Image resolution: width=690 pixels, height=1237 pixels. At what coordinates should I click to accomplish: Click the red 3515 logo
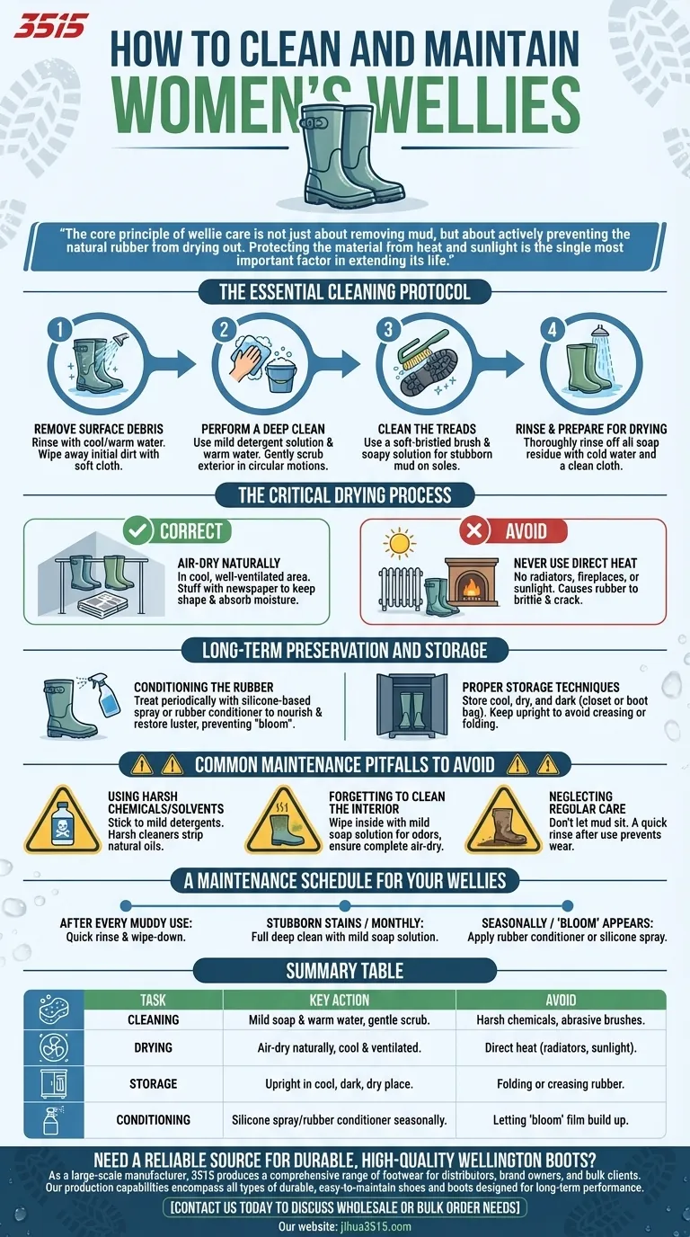tap(51, 25)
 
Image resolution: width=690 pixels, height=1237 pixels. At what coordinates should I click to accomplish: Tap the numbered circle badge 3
tap(388, 330)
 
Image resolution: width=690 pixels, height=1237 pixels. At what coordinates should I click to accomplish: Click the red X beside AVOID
tap(473, 530)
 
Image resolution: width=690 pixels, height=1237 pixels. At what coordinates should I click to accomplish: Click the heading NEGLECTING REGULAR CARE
tap(580, 803)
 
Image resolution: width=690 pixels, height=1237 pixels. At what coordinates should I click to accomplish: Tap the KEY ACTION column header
tap(339, 1000)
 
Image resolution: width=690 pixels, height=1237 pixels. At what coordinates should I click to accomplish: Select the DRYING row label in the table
tap(153, 1048)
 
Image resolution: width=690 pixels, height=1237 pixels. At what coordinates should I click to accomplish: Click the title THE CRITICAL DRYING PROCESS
tap(344, 495)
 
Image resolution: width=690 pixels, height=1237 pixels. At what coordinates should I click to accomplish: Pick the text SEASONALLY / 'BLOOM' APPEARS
tap(566, 923)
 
